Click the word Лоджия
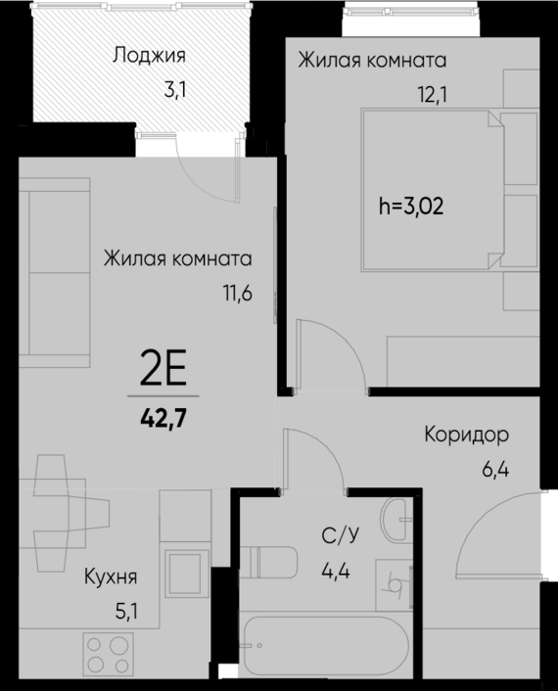[x=149, y=55]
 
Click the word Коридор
[x=467, y=434]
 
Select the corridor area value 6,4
[x=495, y=469]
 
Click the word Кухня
[x=110, y=576]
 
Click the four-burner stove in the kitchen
[x=109, y=654]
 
